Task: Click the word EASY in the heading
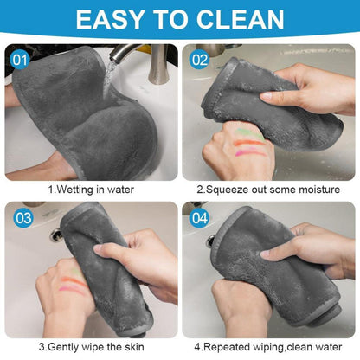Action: tap(110, 20)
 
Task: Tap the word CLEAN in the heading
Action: tap(240, 20)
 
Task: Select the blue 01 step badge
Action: tap(20, 61)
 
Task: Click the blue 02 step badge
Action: tap(199, 61)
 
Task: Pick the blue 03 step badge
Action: tap(23, 218)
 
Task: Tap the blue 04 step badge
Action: tap(199, 218)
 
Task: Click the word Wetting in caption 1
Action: tap(75, 190)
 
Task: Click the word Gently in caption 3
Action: tap(62, 347)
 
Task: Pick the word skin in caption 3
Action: tap(134, 346)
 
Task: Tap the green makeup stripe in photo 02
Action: tap(248, 133)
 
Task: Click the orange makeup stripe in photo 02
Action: tap(248, 143)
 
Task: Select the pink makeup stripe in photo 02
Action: tap(250, 151)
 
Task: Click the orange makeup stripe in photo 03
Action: tap(73, 281)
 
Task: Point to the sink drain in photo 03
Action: tap(55, 235)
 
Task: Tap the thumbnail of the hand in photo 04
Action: tap(266, 254)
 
